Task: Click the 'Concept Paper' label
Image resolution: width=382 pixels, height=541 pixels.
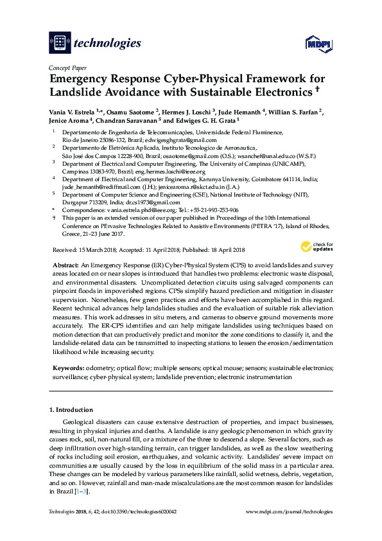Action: point(67,67)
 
